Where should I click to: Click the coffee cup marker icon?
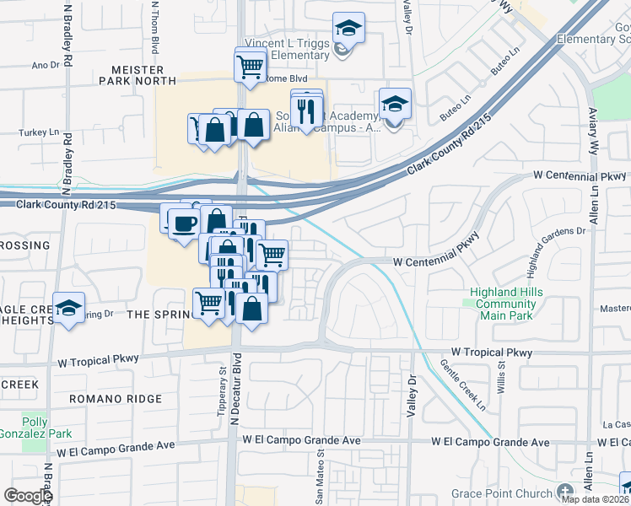click(x=183, y=223)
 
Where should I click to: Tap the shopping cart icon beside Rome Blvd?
click(x=251, y=65)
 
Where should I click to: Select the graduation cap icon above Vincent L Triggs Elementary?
click(x=348, y=28)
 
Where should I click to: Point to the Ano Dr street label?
click(x=45, y=64)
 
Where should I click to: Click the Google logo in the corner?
click(x=27, y=496)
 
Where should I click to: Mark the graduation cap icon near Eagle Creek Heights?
click(x=69, y=307)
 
